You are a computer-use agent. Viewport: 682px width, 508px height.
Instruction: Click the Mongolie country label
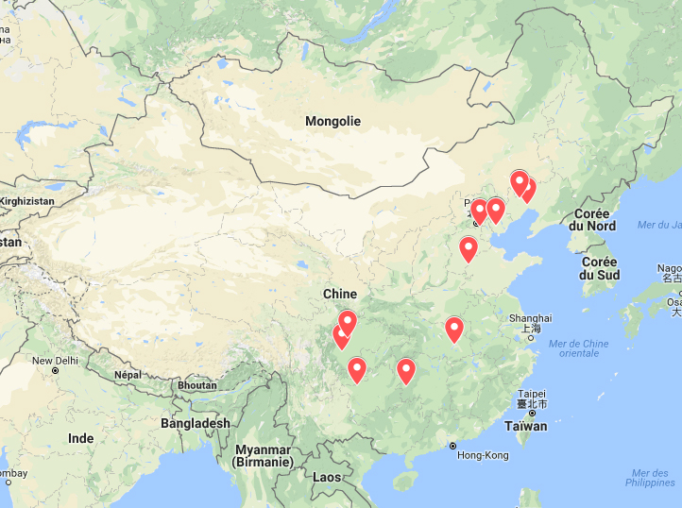pos(332,122)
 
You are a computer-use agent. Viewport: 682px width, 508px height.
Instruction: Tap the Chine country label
pos(340,295)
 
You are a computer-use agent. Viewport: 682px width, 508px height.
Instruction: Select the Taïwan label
pos(526,426)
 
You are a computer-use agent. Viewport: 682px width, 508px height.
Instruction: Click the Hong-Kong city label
pos(483,455)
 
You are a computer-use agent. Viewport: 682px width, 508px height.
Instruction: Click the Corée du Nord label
pos(592,220)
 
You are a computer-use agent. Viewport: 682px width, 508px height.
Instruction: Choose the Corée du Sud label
pos(600,268)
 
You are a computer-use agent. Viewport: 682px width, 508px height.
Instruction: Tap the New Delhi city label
pos(55,361)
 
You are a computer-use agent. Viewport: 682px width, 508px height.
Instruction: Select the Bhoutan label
pos(196,385)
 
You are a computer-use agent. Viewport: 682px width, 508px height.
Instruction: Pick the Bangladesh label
pos(195,423)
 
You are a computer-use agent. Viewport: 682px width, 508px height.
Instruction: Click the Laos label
pos(327,477)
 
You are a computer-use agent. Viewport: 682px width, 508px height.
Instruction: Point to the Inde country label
pos(81,438)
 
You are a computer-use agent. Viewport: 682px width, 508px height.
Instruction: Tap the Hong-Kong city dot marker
pos(452,446)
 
